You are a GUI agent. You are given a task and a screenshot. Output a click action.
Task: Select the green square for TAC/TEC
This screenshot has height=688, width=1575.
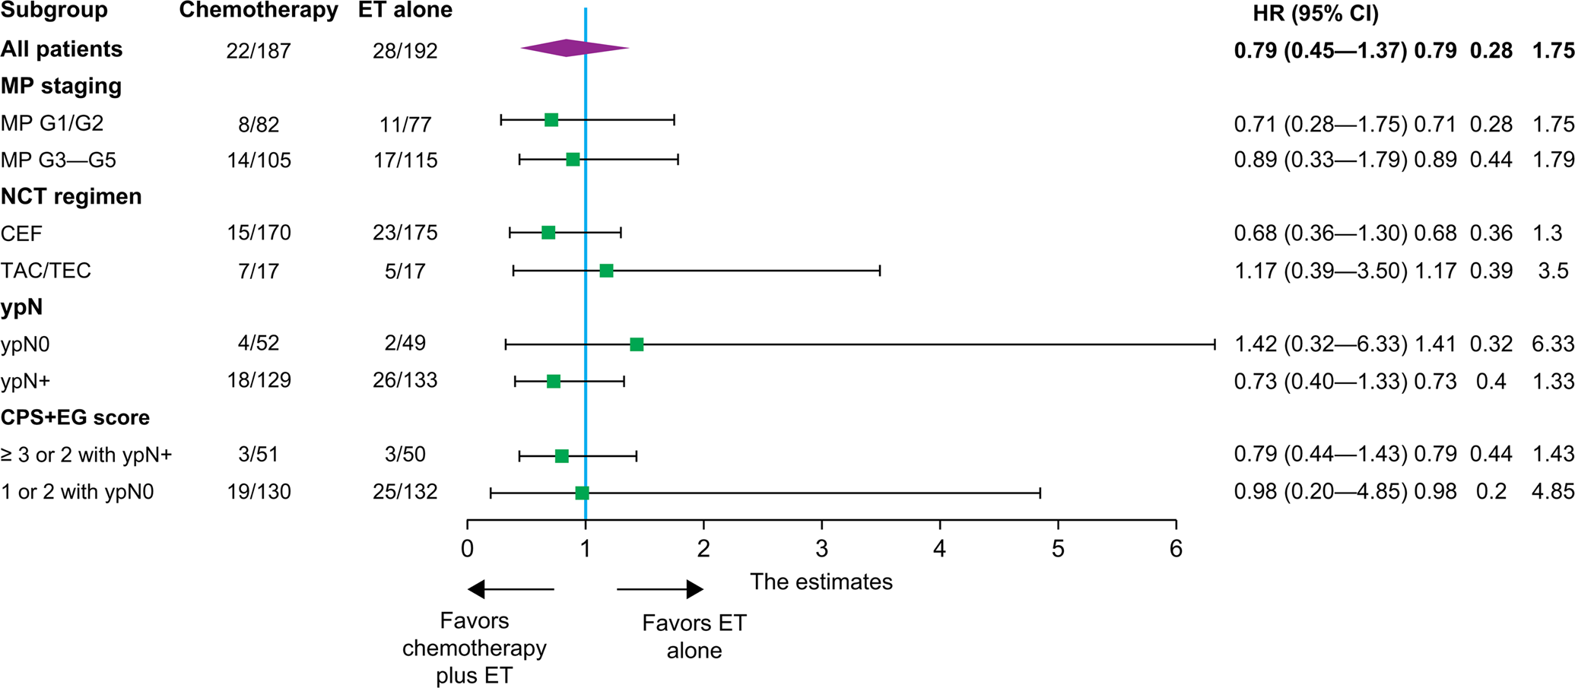point(606,271)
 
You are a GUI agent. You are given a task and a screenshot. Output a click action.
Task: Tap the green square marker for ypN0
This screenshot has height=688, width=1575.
point(637,344)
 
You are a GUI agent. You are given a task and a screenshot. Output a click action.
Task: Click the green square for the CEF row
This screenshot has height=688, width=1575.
point(548,233)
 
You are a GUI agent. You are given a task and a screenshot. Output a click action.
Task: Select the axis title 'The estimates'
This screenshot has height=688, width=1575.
point(821,582)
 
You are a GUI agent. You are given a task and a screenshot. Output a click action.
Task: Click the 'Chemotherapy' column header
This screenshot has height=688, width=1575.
point(259,11)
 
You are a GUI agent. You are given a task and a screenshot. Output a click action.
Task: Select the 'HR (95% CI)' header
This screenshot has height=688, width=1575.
point(1316,13)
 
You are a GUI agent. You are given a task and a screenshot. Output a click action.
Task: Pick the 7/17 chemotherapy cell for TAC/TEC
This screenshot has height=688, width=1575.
point(259,271)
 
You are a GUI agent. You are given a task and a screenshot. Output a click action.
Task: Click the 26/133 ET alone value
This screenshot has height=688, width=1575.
point(405,380)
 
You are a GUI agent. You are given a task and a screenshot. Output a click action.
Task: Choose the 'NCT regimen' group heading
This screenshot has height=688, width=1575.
point(71,197)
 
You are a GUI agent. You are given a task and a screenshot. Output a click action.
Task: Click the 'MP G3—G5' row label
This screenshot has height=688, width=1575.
point(59,160)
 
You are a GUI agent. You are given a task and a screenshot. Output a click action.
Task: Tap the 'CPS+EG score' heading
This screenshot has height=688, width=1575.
point(75,417)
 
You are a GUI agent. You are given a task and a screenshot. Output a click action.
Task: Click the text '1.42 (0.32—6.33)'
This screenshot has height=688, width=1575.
point(1320,344)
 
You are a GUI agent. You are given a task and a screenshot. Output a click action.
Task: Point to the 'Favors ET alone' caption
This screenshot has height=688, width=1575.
point(694,636)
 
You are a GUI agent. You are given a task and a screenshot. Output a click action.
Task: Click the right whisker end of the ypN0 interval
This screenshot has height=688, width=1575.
point(1214,344)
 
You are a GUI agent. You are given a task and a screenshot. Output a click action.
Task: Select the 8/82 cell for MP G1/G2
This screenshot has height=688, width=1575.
point(259,124)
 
